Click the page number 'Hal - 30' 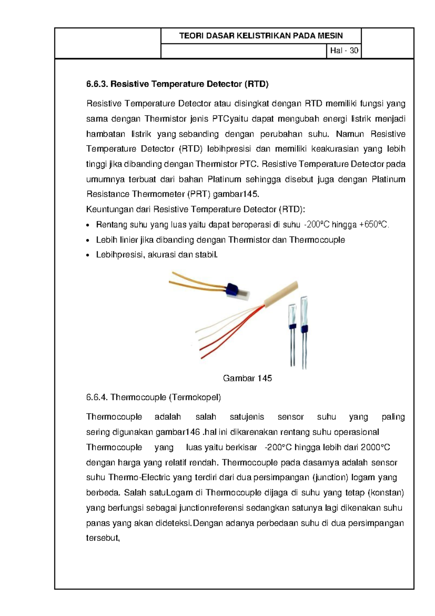coord(344,50)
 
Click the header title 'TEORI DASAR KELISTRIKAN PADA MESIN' coord(261,36)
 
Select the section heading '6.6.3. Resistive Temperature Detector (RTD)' coord(177,84)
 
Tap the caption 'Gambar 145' coord(247,378)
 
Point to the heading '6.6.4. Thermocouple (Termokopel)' coord(153,397)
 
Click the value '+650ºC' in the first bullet coord(374,225)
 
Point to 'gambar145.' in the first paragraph coord(236,194)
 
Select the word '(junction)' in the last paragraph coord(330,477)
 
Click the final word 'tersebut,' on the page coord(103,538)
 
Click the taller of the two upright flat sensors coord(304,314)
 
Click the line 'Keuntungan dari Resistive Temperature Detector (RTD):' coord(196,209)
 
